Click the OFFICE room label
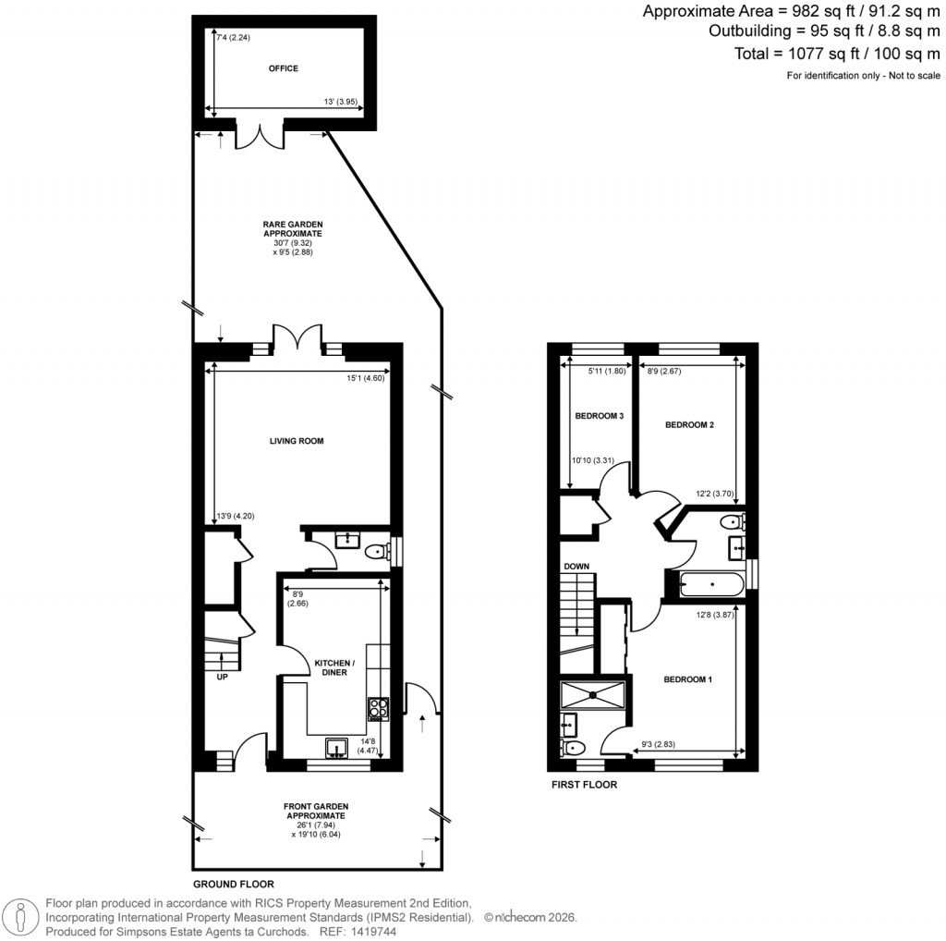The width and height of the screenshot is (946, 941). [284, 68]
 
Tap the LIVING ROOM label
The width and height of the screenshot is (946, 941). [297, 441]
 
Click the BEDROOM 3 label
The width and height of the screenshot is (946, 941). [600, 416]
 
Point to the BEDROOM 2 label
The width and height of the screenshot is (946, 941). [690, 425]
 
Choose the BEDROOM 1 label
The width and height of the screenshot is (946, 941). [688, 679]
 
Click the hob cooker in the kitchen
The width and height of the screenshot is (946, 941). [379, 707]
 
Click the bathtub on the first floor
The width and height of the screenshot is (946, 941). [709, 584]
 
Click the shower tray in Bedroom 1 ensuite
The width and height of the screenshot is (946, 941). [596, 692]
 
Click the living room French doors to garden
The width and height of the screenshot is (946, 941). [297, 338]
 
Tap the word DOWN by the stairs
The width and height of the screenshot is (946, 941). [576, 567]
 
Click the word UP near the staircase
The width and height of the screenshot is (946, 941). [222, 677]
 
